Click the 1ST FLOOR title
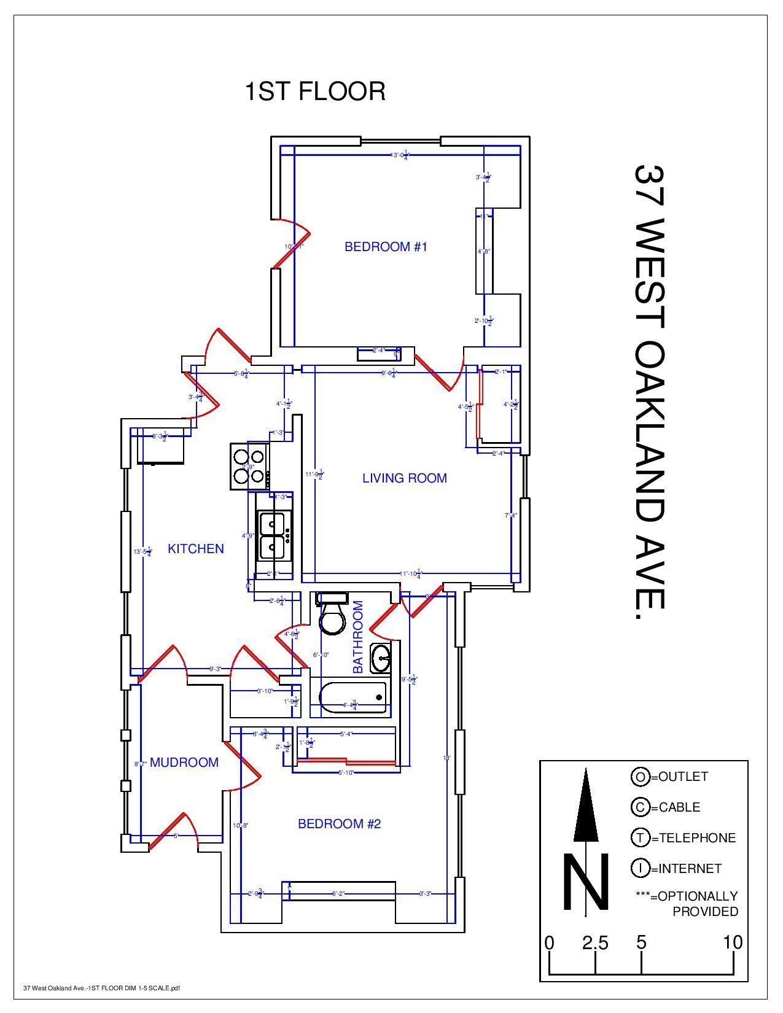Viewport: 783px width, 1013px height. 315,91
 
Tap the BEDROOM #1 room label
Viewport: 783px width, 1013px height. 385,247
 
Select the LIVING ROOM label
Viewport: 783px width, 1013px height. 404,478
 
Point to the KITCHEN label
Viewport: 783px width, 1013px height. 196,549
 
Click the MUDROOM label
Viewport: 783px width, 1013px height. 184,763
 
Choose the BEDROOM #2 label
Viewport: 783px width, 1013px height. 339,824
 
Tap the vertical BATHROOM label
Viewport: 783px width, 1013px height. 358,637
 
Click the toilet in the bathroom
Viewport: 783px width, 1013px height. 332,616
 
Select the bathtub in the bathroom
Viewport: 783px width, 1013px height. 353,697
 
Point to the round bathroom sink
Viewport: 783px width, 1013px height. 381,659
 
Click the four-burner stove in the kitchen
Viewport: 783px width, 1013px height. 249,466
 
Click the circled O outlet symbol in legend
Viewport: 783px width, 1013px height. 640,777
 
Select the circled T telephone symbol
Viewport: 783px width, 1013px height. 640,838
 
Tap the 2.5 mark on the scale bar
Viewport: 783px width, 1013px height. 595,942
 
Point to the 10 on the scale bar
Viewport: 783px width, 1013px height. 733,942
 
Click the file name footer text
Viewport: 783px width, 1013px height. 101,988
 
